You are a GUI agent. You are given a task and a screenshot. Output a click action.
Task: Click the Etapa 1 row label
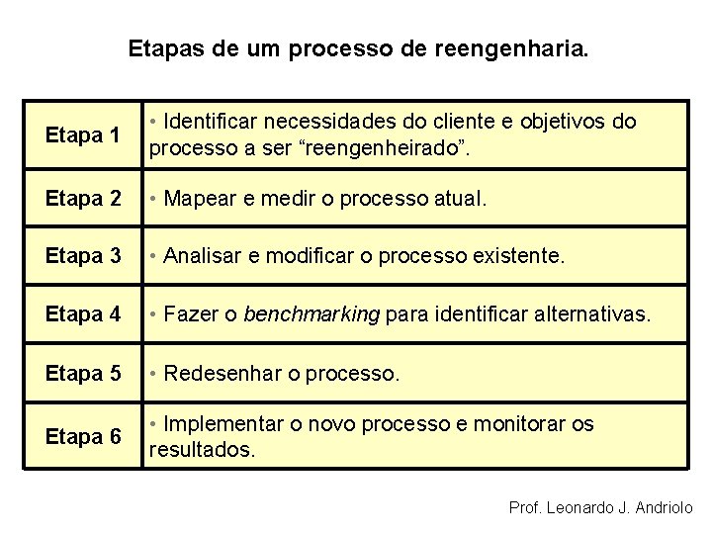coord(84,135)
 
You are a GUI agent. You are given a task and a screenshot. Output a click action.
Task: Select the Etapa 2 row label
coord(84,198)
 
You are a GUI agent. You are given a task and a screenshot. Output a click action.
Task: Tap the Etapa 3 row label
coord(84,256)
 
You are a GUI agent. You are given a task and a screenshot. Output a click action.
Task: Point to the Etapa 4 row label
coord(84,315)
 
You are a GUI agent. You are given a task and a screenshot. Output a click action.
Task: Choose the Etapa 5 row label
coord(84,374)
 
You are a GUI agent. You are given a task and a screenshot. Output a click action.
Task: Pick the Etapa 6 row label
coord(84,436)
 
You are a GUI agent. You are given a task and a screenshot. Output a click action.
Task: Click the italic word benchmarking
coord(311,315)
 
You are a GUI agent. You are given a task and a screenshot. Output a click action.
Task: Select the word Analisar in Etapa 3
coord(203,256)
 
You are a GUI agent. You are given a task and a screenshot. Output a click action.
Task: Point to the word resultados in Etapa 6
coord(201,450)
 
